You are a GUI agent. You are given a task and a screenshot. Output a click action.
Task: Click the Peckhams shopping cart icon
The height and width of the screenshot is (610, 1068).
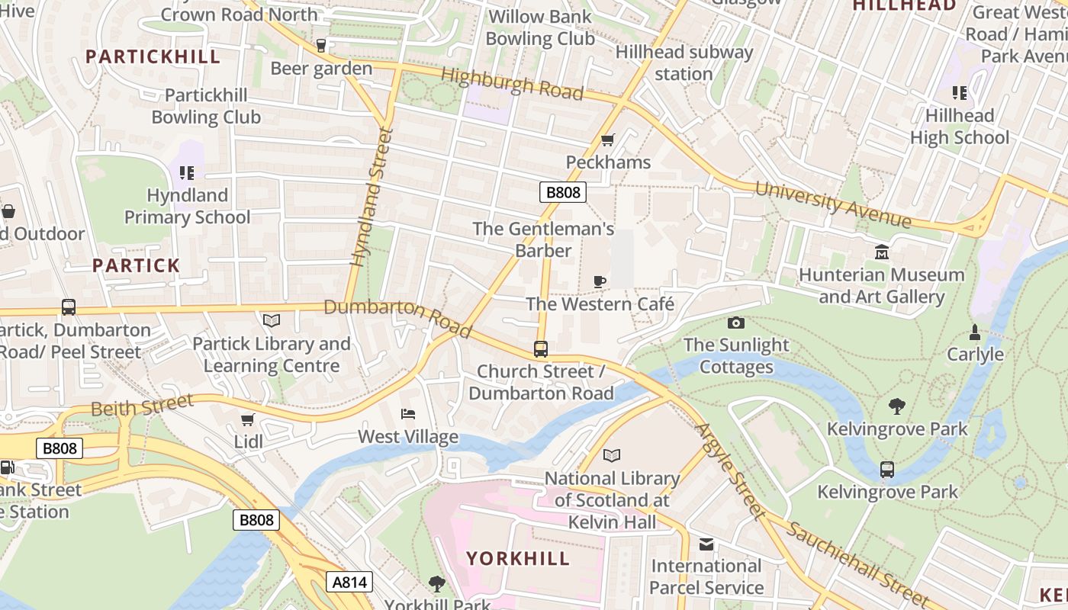(607, 140)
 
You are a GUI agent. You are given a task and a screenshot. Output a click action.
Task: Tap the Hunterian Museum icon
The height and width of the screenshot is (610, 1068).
(882, 252)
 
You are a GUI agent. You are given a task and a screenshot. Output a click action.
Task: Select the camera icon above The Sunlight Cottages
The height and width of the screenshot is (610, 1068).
(735, 323)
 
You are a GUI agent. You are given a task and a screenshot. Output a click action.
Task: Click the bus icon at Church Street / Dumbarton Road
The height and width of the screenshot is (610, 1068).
(541, 349)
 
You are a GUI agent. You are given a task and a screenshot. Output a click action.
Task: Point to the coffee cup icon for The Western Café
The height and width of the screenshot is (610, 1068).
(600, 281)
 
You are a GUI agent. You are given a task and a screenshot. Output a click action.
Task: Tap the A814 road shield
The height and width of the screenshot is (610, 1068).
(350, 583)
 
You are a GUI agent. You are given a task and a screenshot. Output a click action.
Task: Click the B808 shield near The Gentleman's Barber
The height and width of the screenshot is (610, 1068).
(563, 192)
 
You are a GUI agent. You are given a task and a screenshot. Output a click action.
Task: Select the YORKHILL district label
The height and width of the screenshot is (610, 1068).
(518, 558)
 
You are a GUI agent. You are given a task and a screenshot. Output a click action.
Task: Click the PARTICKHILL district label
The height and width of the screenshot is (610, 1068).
(153, 56)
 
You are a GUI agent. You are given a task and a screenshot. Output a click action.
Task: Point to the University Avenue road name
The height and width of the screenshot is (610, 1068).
(833, 204)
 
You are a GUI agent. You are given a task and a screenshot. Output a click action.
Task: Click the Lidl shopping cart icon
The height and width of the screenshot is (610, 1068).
(247, 419)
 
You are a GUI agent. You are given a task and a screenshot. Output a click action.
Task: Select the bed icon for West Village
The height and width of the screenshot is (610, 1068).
(408, 414)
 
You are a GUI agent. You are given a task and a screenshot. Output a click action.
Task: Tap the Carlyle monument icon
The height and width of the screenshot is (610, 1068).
(974, 332)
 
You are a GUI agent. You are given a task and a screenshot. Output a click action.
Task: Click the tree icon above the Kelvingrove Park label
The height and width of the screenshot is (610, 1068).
(897, 406)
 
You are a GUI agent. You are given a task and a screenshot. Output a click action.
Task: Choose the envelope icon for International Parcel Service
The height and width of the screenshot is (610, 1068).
(706, 544)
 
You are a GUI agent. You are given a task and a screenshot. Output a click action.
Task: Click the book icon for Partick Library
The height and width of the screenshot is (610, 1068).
(272, 321)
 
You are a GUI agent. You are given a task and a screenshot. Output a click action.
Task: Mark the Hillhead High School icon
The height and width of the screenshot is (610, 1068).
(959, 93)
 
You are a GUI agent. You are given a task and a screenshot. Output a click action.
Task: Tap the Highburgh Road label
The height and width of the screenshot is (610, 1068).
(512, 83)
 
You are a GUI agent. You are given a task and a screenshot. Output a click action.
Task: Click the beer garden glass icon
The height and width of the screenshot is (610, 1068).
(321, 46)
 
